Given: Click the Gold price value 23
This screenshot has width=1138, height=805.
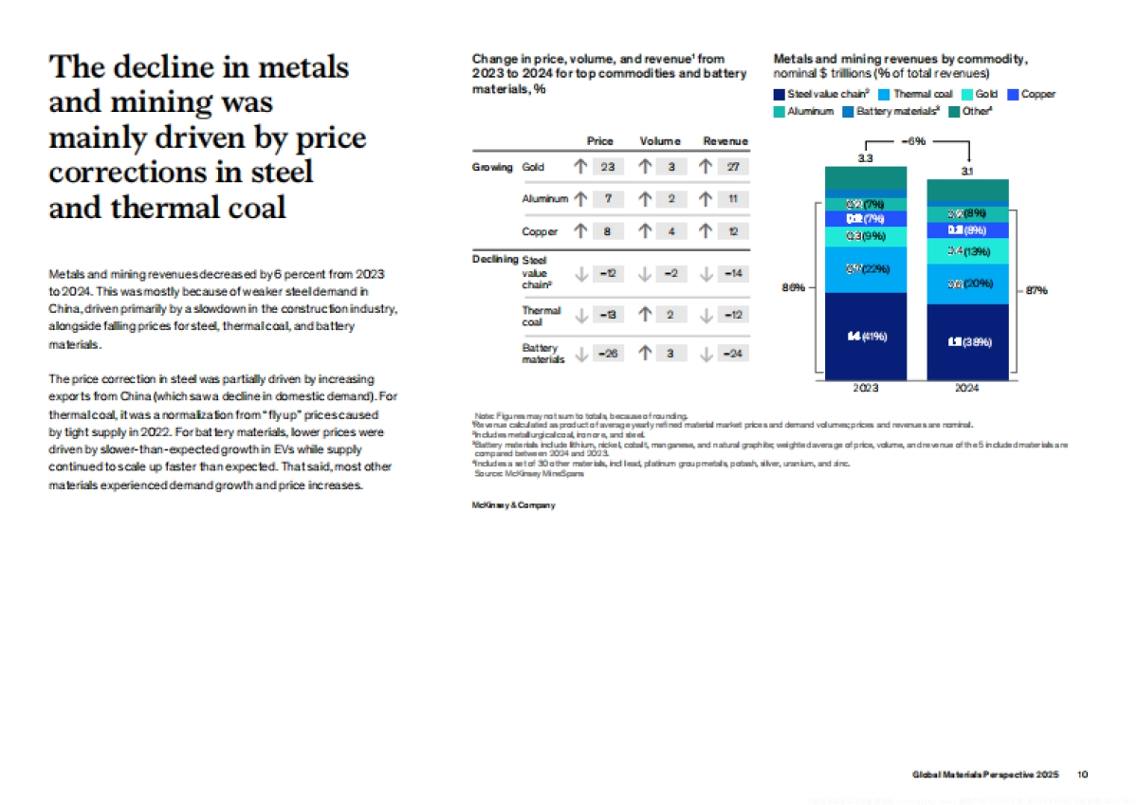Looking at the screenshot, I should pyautogui.click(x=607, y=167).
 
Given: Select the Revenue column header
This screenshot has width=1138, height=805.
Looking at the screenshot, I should pyautogui.click(x=725, y=141).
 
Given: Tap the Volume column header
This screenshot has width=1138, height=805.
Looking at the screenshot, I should pyautogui.click(x=660, y=141).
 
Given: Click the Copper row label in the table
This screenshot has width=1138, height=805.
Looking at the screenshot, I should pyautogui.click(x=540, y=231).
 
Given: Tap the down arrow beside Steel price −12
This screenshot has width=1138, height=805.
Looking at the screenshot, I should pyautogui.click(x=581, y=274).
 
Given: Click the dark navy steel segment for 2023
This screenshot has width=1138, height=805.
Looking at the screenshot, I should pyautogui.click(x=865, y=336).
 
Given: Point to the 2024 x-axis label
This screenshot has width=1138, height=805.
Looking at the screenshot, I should pyautogui.click(x=967, y=388).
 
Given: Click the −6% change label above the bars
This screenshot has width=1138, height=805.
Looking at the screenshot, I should pyautogui.click(x=916, y=140).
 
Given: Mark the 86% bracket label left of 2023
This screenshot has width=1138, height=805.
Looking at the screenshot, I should pyautogui.click(x=793, y=288).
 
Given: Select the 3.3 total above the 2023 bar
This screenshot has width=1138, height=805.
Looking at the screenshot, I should pyautogui.click(x=865, y=158).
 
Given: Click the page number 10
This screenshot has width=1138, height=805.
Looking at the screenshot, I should pyautogui.click(x=1082, y=775).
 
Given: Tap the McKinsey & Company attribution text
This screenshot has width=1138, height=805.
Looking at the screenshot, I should pyautogui.click(x=513, y=505).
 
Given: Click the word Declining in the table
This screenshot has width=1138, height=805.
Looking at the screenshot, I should pyautogui.click(x=495, y=259).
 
